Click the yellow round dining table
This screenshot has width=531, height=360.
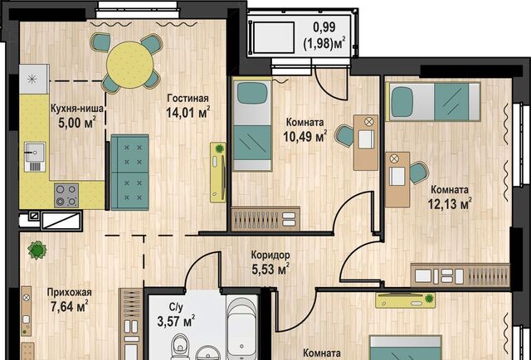pyautogui.click(x=130, y=65)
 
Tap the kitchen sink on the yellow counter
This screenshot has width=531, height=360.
pyautogui.click(x=35, y=157)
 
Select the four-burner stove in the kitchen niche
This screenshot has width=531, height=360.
pyautogui.click(x=66, y=196)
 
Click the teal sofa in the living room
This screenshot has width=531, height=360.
pyautogui.click(x=129, y=172)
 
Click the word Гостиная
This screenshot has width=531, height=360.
pyautogui.click(x=188, y=98)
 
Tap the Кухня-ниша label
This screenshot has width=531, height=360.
pyautogui.click(x=77, y=109)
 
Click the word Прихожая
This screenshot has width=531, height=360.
pyautogui.click(x=70, y=292)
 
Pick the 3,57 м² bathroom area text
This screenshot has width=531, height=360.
pyautogui.click(x=176, y=321)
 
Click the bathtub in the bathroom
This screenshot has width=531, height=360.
pyautogui.click(x=241, y=328)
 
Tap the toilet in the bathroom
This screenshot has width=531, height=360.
pyautogui.click(x=180, y=347)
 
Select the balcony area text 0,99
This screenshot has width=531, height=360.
pyautogui.click(x=324, y=27)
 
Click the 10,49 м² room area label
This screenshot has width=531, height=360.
pyautogui.click(x=304, y=136)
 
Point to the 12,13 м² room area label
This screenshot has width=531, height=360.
pyautogui.click(x=450, y=204)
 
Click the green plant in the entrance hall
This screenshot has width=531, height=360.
pyautogui.click(x=37, y=251)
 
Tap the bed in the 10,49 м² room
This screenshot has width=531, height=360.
pyautogui.click(x=252, y=125)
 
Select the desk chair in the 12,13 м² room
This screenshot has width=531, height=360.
pyautogui.click(x=419, y=173)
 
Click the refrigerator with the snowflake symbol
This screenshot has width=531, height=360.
pyautogui.click(x=34, y=80)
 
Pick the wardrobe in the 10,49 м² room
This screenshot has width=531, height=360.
pyautogui.click(x=265, y=219)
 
